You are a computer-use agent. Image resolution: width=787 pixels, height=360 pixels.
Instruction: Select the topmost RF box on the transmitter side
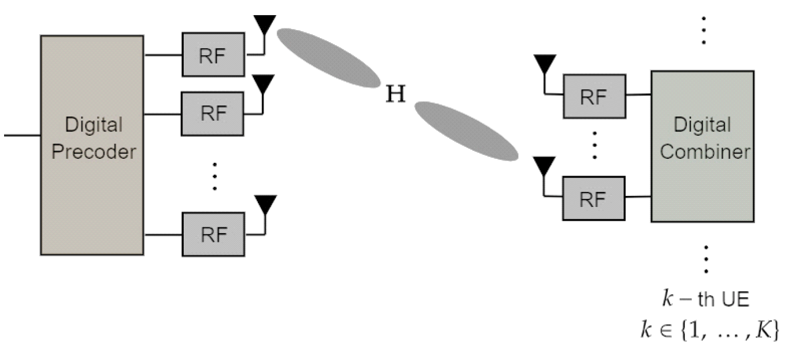214,54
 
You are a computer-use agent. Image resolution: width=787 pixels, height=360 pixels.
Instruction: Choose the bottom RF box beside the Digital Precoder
214,234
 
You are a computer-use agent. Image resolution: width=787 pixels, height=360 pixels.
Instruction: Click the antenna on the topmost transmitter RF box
265,27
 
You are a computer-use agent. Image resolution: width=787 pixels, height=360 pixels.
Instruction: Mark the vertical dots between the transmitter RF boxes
214,176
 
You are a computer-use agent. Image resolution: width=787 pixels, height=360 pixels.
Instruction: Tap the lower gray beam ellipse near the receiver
466,130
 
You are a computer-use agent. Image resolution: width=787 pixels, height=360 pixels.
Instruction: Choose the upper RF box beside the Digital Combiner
594,96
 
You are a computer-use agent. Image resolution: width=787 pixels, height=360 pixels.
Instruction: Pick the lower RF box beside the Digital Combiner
594,198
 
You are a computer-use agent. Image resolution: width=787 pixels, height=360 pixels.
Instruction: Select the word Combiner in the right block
705,152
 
